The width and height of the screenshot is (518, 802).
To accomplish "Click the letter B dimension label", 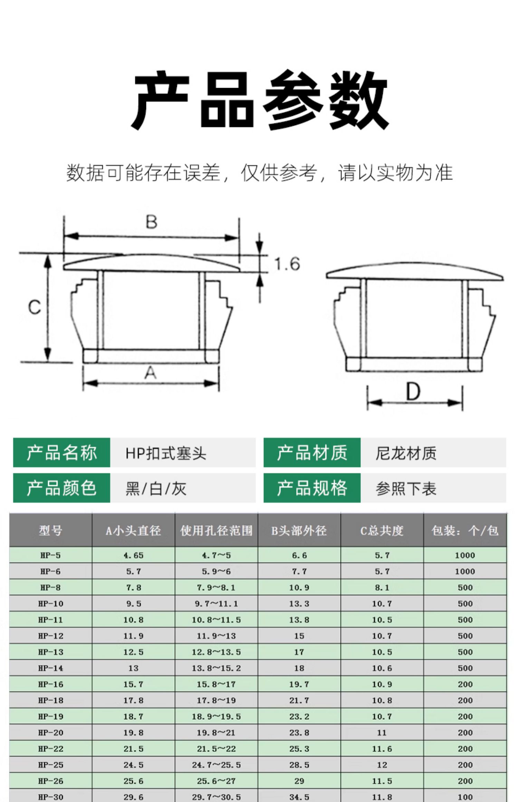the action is (x=152, y=222).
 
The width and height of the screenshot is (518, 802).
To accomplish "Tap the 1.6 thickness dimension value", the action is (x=287, y=264).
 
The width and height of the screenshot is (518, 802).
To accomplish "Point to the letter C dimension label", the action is (x=35, y=307).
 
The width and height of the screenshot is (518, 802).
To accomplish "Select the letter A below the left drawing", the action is (x=151, y=373).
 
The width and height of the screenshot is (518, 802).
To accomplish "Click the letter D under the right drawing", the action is (x=413, y=392).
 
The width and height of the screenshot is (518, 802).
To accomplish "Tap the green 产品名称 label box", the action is (x=61, y=452).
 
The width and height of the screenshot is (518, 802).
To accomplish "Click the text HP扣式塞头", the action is (x=166, y=453).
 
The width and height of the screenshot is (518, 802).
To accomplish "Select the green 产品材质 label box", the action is (x=312, y=452).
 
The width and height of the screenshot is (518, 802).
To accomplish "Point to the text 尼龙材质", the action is (x=406, y=453).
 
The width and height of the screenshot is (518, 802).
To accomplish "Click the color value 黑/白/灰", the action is (x=156, y=488).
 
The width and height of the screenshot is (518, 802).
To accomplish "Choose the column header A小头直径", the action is (x=133, y=531).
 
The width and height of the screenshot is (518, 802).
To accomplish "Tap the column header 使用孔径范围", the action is (x=217, y=531).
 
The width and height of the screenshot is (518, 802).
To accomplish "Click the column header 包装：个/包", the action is (x=465, y=531).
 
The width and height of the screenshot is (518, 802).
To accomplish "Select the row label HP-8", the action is (x=50, y=587).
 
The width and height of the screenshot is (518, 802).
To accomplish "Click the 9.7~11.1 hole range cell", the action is (x=216, y=603).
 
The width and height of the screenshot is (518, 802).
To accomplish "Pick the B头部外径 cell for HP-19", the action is (x=299, y=716).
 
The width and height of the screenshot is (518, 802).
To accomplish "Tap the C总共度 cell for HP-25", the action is (x=382, y=765).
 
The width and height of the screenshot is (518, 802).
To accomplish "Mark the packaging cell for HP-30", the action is (x=465, y=797).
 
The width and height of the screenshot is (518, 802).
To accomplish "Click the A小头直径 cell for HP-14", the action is (x=133, y=668).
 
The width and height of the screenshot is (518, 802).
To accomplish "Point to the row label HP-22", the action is (x=50, y=748).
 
